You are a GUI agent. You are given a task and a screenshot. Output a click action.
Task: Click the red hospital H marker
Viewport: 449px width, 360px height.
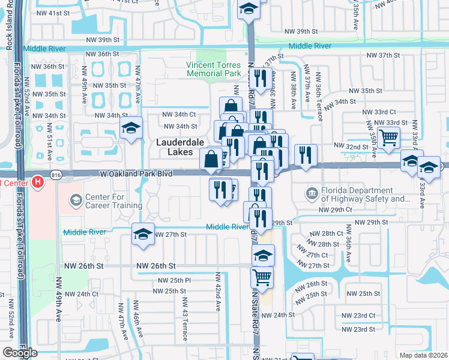(x=37, y=181)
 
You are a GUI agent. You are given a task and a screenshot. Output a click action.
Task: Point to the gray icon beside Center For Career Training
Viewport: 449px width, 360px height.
(x=76, y=199)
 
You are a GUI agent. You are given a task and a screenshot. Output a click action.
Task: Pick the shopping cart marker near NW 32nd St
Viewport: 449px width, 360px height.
(x=388, y=137)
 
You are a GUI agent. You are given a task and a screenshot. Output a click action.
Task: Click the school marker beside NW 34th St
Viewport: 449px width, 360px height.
(x=131, y=127)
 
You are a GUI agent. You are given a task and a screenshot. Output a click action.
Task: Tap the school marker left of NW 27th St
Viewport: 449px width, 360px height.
(x=143, y=234)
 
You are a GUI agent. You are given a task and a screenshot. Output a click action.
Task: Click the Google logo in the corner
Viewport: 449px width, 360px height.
(x=20, y=353)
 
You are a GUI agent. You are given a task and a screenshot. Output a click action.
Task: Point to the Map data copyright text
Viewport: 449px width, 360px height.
(x=423, y=355)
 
